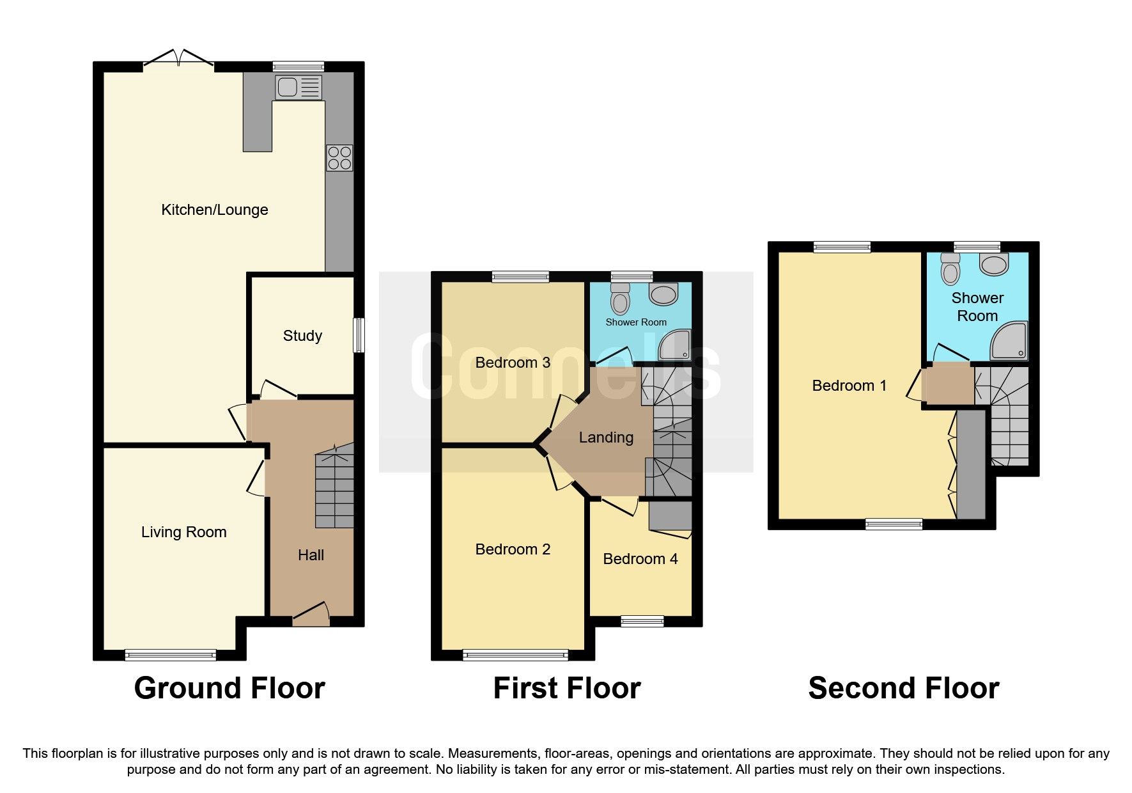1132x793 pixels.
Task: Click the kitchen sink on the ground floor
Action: point(298,87)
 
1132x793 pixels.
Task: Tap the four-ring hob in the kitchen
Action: point(339,158)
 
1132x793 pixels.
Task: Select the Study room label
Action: point(302,336)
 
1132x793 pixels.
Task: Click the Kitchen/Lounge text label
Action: point(214,210)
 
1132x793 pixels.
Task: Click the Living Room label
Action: point(183,532)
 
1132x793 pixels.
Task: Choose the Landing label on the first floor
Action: point(606,437)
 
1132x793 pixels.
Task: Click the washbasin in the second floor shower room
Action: point(994,263)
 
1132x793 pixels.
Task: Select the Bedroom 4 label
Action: point(640,559)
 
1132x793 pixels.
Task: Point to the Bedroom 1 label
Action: point(849,386)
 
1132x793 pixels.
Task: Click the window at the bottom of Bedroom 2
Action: point(515,654)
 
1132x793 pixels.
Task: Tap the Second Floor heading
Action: point(903,688)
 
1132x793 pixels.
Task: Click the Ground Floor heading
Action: point(229,688)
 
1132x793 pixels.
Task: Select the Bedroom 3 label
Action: point(513,363)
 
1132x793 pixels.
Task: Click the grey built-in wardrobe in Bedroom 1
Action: point(970,464)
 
